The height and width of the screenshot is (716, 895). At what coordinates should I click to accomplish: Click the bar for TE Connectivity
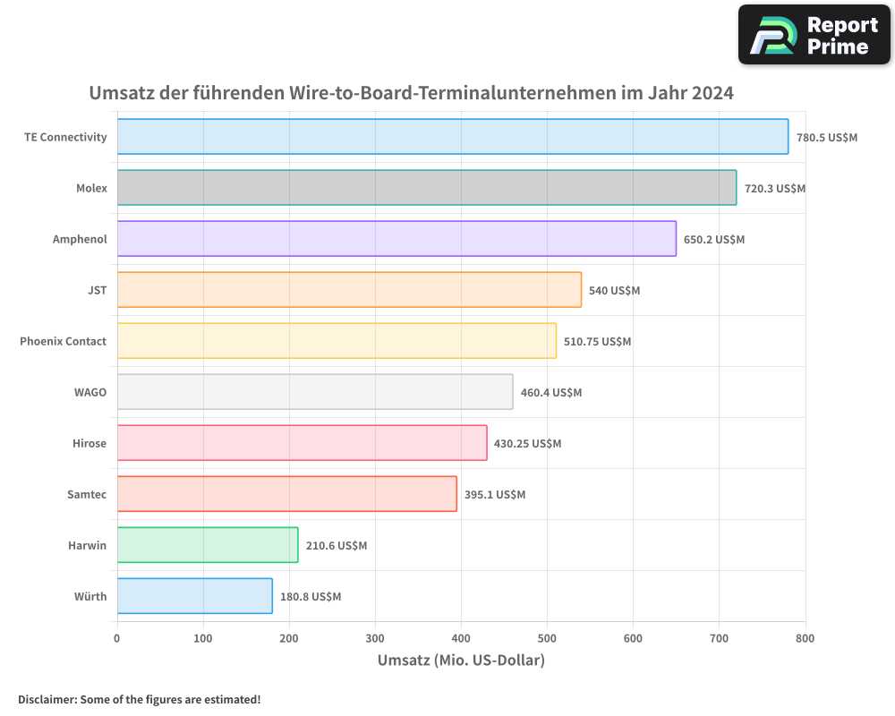452,137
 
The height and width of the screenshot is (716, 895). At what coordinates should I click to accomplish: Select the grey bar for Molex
426,188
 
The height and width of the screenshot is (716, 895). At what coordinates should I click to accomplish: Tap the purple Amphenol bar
396,239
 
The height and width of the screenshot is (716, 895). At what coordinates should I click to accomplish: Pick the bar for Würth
194,596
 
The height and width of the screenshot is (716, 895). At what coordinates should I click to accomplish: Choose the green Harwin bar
207,545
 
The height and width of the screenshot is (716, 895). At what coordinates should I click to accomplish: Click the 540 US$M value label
614,291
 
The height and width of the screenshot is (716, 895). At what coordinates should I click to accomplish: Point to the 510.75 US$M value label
597,342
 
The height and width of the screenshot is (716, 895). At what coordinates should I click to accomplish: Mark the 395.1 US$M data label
494,495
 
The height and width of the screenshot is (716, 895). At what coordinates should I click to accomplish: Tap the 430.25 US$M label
527,444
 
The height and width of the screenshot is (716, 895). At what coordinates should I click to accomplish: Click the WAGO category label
90,392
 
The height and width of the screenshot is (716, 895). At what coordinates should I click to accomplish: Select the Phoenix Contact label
63,341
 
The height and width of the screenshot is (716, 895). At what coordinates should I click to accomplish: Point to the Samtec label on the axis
87,494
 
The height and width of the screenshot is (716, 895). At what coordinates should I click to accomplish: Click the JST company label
97,290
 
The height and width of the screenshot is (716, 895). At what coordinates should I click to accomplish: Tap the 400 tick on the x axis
375,638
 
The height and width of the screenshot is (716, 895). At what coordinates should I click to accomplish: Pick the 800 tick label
805,638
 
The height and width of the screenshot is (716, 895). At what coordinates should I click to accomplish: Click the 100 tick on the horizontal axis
203,638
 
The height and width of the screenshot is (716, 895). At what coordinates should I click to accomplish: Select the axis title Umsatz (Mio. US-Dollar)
461,661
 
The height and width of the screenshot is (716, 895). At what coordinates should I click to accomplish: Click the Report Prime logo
814,35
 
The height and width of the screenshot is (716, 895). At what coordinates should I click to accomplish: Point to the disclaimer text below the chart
139,699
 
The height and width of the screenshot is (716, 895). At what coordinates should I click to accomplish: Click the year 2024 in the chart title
712,93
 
